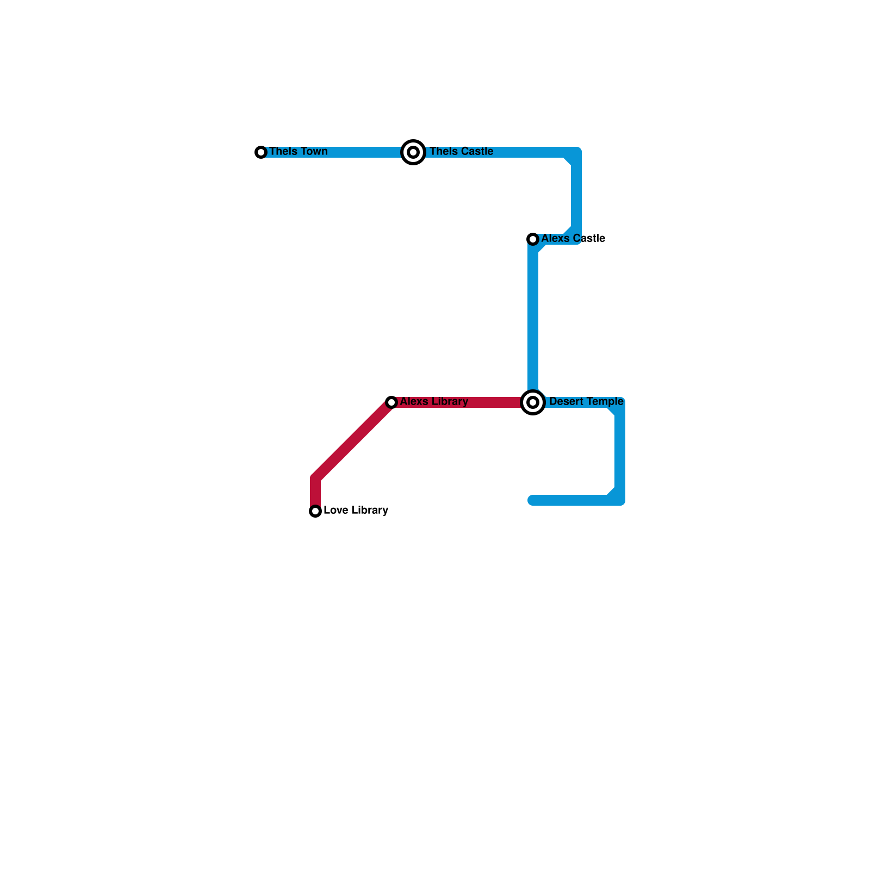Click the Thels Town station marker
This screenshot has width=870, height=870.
tap(261, 152)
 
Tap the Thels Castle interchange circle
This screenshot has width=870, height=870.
tap(413, 152)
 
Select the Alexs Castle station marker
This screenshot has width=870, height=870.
tap(533, 239)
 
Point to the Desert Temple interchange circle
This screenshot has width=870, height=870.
tap(533, 402)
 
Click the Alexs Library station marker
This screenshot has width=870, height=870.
tap(391, 402)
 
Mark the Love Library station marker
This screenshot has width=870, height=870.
tap(315, 511)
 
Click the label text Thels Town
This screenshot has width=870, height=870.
tap(298, 151)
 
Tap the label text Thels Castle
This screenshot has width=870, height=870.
tap(461, 151)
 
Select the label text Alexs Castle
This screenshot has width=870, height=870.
tap(573, 238)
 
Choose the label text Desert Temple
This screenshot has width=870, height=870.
tap(586, 401)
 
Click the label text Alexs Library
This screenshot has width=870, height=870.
tap(433, 401)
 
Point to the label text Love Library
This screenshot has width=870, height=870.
tap(355, 510)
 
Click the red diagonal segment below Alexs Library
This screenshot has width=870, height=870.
tap(353, 440)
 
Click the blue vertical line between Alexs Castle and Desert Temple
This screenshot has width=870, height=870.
tap(533, 321)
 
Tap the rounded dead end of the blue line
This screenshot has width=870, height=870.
tap(532, 500)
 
